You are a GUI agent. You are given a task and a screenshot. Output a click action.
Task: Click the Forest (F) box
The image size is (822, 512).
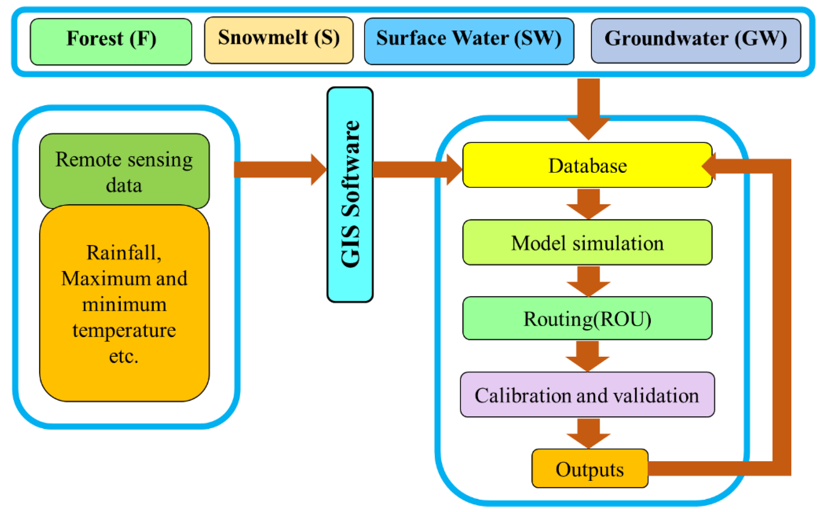pos(111,41)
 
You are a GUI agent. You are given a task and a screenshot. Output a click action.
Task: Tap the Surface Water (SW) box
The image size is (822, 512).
pos(469,41)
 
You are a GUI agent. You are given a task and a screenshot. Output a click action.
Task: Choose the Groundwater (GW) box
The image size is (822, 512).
pos(695,41)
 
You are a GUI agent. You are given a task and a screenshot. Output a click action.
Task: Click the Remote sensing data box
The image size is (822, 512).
pos(124,171)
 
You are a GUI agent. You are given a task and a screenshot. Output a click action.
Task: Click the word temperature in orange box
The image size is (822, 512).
pos(124,330)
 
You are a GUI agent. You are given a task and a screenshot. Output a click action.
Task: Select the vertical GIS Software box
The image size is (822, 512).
pos(350,194)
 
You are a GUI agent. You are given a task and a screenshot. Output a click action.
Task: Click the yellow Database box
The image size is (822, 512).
pos(587,165)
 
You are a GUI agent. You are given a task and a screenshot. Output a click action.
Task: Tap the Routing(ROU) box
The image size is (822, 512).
pos(587,318)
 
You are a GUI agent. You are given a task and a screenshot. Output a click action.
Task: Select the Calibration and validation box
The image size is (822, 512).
pos(587,394)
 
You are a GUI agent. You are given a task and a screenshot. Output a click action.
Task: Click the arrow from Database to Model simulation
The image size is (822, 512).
pos(588,204)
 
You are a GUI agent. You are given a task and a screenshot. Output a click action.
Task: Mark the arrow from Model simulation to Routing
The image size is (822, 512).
pos(588,281)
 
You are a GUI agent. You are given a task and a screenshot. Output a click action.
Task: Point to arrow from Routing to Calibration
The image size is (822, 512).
pos(587,356)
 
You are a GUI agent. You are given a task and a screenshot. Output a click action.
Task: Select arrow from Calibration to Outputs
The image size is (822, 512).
pos(588,433)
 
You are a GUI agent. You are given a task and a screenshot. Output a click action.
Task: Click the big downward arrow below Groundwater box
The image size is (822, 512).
pos(588,108)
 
